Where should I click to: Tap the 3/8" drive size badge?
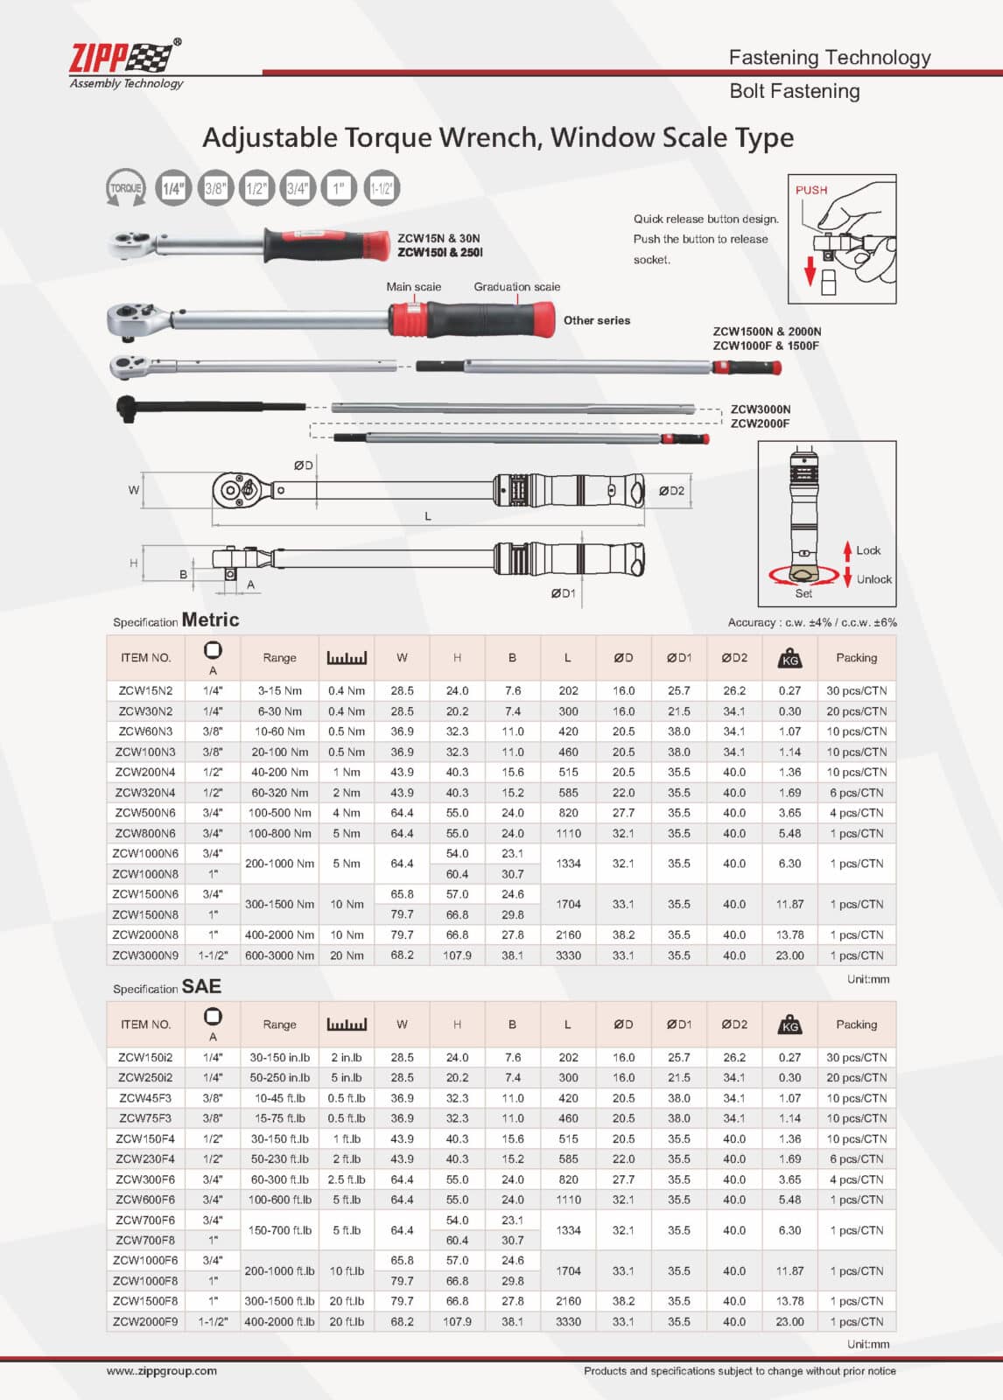tap(214, 188)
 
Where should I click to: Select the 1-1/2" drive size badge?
tap(382, 188)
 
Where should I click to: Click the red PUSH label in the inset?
tap(810, 190)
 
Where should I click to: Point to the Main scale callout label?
tap(413, 287)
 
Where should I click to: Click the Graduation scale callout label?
tap(516, 287)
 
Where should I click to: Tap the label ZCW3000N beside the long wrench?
tap(760, 409)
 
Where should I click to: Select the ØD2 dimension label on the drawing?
tap(671, 491)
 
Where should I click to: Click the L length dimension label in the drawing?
tap(428, 516)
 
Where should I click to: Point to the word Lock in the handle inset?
tap(868, 550)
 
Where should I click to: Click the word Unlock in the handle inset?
tap(873, 579)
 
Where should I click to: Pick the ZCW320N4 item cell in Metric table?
tap(145, 793)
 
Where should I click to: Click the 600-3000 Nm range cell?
tap(279, 955)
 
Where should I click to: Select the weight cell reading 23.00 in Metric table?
tap(789, 955)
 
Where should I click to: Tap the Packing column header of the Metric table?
tap(856, 658)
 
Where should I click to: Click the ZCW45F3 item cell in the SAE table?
tap(145, 1098)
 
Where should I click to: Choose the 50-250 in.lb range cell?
tap(279, 1078)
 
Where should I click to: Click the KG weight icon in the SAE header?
tap(789, 1025)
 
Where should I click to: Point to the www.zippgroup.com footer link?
tap(162, 1371)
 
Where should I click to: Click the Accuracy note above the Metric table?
tap(811, 622)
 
